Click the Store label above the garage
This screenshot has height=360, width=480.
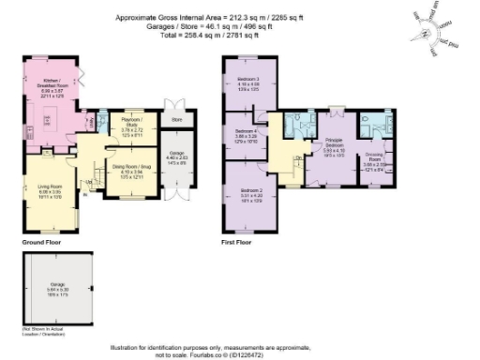click(x=174, y=120)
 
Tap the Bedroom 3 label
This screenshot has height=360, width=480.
click(x=248, y=78)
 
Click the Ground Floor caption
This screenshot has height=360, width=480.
click(x=40, y=242)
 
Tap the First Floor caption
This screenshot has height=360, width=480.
click(x=237, y=242)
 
